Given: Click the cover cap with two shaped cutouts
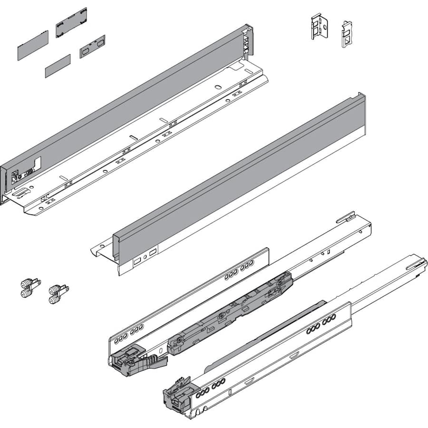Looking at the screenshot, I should click(x=92, y=47).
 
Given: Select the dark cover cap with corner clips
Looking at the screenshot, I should click(x=71, y=22).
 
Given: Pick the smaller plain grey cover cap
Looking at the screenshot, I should click(x=58, y=66).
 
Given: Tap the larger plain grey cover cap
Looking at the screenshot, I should click(x=33, y=45).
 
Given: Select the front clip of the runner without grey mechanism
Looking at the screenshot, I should click(x=178, y=393).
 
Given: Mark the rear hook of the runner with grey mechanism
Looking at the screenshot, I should click(x=346, y=218).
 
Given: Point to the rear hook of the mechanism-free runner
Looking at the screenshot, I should click(x=417, y=264).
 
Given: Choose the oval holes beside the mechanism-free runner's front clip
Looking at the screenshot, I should click(x=209, y=385).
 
